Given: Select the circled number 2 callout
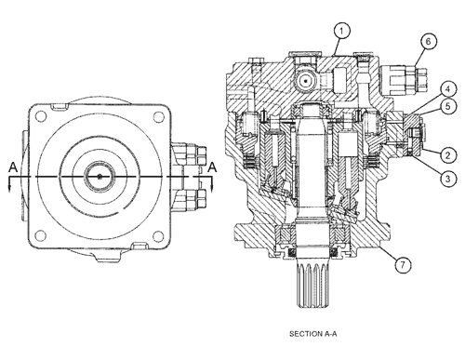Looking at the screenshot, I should pyautogui.click(x=447, y=154).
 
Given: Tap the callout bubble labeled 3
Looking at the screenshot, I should pyautogui.click(x=448, y=177).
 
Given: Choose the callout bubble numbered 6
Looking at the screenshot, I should pyautogui.click(x=427, y=41).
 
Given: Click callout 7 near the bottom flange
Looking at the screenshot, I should pyautogui.click(x=402, y=267).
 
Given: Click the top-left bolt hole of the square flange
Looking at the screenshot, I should pyautogui.click(x=41, y=115).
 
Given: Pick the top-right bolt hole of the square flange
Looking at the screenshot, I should pyautogui.click(x=162, y=115).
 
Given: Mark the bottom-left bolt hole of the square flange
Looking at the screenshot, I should pyautogui.click(x=41, y=236).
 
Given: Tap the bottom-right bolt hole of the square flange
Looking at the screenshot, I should pyautogui.click(x=162, y=236).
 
